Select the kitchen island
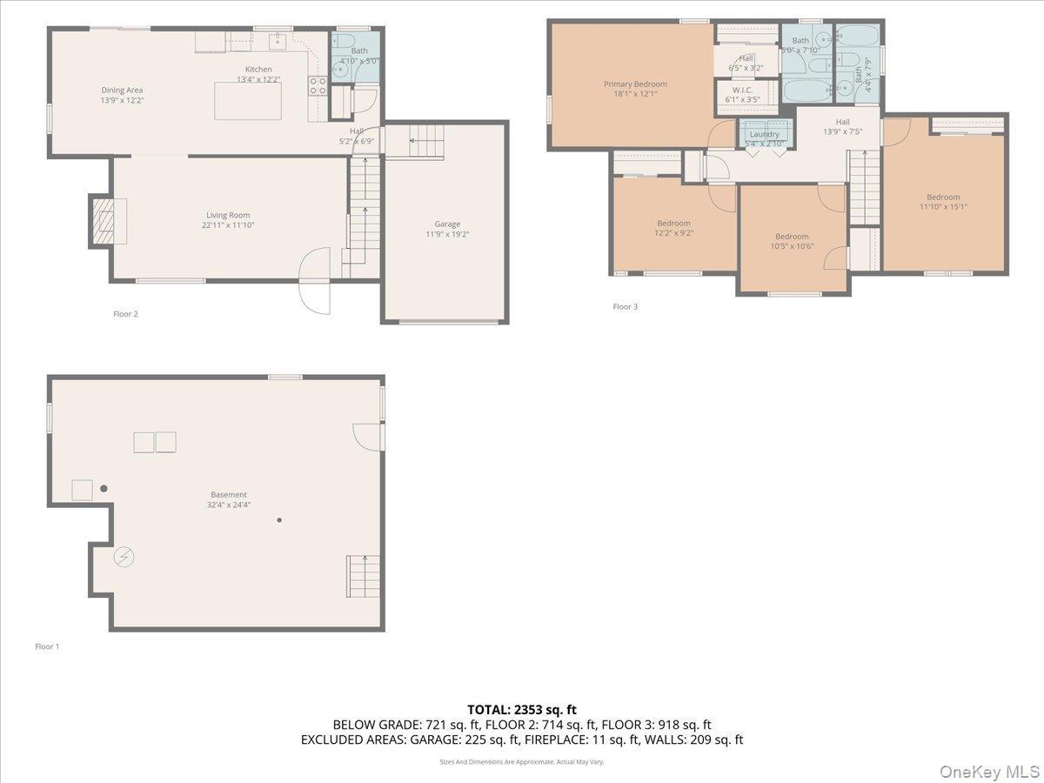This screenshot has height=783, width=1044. [x=248, y=101]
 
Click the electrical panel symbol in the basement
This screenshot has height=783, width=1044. [x=124, y=557]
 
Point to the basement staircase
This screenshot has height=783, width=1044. [x=364, y=576]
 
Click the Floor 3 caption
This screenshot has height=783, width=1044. [x=625, y=306]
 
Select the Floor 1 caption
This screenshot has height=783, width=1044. [x=47, y=646]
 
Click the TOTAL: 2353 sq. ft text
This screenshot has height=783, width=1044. [x=522, y=710]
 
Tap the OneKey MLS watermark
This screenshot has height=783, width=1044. [x=989, y=770]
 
